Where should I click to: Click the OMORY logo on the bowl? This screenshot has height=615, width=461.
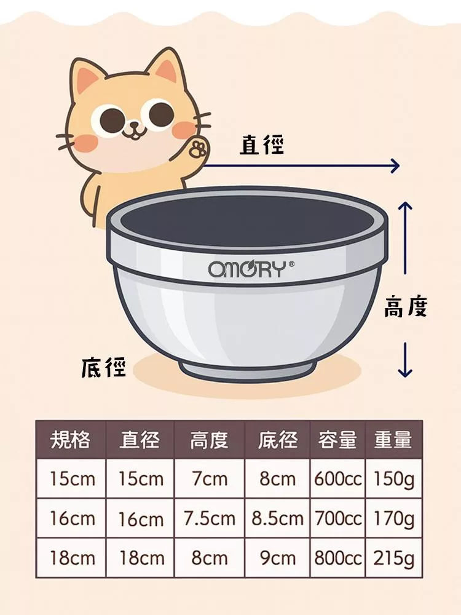251,269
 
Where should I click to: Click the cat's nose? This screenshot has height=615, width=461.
135,125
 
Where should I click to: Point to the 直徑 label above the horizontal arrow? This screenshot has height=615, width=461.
261,145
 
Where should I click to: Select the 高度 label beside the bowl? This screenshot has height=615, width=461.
405,306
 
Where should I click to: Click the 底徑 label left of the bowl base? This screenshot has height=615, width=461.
103,368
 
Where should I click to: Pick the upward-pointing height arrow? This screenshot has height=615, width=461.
405,237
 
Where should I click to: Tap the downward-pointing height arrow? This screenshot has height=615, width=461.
405,360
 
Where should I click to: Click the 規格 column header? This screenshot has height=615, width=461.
71,439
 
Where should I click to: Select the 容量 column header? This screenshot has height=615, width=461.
337,439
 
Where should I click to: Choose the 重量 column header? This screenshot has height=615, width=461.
393,439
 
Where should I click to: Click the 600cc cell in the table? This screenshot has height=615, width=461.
337,479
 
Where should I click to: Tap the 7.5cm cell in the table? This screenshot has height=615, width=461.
210,518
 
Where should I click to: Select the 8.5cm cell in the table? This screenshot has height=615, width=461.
278,518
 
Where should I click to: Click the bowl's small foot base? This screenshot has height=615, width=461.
248,368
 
